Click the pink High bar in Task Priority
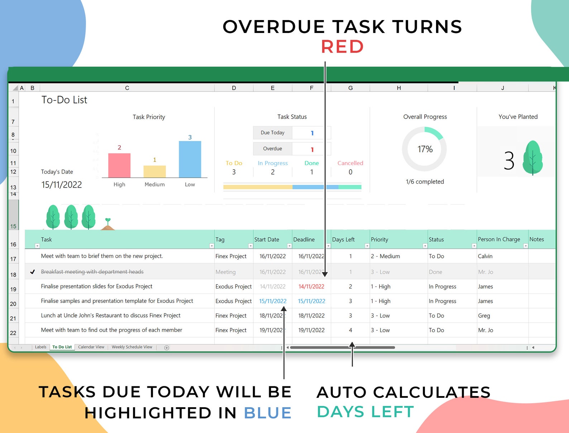[119, 165]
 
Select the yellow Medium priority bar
[154, 171]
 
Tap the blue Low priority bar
[190, 159]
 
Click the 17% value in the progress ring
[425, 149]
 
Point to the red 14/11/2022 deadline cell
[311, 286]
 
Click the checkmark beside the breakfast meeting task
[32, 272]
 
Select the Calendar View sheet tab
[91, 347]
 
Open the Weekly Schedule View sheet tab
[132, 347]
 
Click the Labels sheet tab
[40, 347]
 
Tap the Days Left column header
[343, 240]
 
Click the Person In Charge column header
[499, 239]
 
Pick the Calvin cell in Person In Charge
[485, 256]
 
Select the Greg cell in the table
[484, 315]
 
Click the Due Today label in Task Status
[272, 133]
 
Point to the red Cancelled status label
[350, 163]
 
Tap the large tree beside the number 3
[532, 157]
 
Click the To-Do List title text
[64, 100]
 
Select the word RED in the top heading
[342, 47]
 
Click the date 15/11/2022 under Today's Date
[61, 185]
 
